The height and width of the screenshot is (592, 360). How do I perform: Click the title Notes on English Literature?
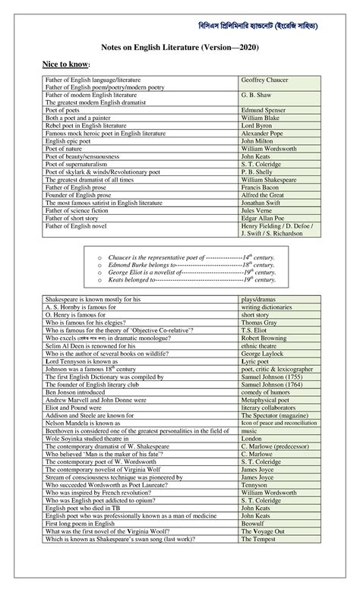[181, 47]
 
